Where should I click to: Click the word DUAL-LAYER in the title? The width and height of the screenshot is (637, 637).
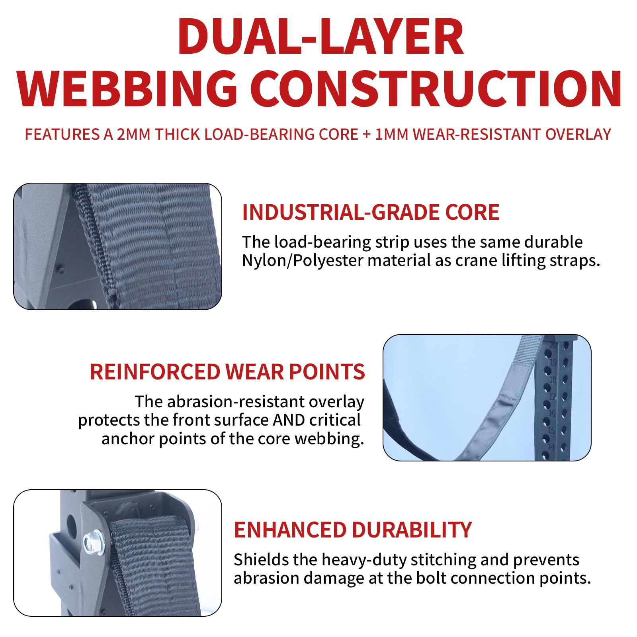[320, 37]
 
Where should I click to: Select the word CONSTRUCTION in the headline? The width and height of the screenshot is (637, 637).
[436, 88]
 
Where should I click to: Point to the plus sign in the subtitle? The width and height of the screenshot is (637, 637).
[367, 135]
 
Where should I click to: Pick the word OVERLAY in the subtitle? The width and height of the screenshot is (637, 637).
[578, 135]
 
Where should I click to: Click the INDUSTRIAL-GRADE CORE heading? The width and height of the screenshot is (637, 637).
[371, 212]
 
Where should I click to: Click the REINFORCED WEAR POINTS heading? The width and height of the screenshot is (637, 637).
[227, 372]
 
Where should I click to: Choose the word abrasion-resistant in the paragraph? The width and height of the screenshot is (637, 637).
[235, 402]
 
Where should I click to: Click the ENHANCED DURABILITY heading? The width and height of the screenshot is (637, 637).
[353, 530]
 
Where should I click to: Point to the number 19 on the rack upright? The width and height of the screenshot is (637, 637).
[553, 362]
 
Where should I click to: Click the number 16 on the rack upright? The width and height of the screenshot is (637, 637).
[551, 413]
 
